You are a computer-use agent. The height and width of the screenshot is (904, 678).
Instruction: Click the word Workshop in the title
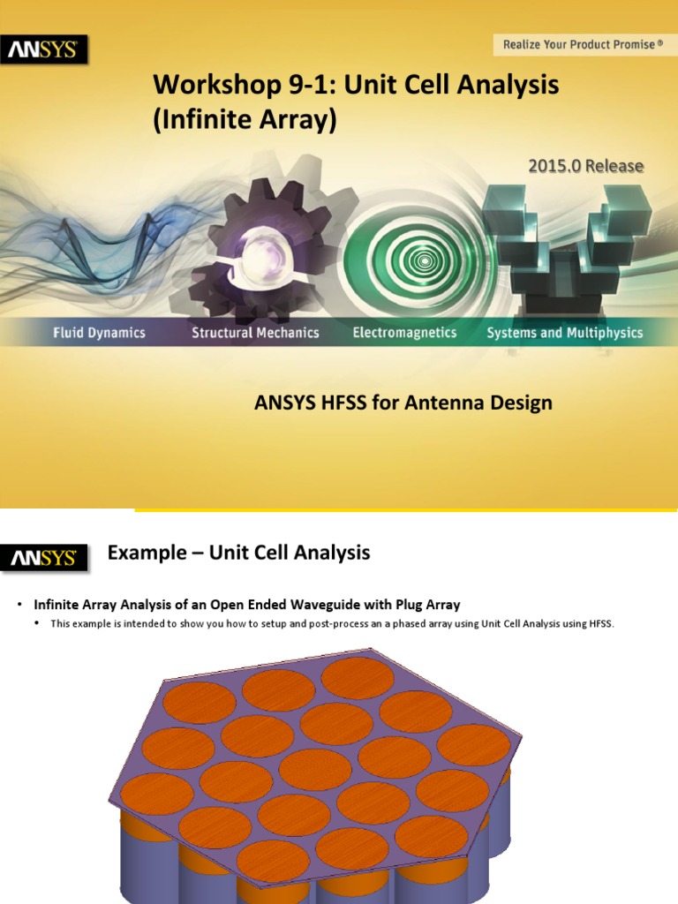(x=204, y=86)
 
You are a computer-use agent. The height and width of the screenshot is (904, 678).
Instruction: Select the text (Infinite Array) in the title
(x=245, y=119)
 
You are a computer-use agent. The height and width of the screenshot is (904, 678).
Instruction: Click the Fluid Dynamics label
(x=98, y=333)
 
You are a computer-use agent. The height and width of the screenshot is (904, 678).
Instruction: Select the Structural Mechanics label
(x=255, y=333)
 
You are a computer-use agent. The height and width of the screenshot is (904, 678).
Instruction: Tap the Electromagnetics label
(x=404, y=333)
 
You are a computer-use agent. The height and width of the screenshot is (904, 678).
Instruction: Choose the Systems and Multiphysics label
(x=565, y=333)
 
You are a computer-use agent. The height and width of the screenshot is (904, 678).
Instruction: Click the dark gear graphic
(x=265, y=247)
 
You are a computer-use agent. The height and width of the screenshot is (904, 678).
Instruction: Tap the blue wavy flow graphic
(x=79, y=238)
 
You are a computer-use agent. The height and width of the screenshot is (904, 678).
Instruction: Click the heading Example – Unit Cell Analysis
(x=238, y=554)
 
